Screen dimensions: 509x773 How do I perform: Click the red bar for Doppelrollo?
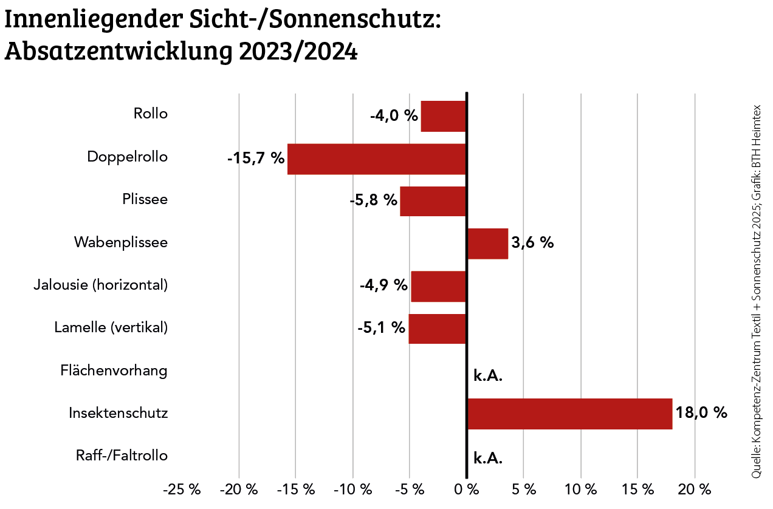click(x=376, y=159)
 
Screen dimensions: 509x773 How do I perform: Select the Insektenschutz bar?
click(x=569, y=414)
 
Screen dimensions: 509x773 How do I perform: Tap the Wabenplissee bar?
click(x=487, y=244)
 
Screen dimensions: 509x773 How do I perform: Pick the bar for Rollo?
click(x=443, y=116)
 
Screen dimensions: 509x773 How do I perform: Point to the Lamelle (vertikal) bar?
click(x=437, y=329)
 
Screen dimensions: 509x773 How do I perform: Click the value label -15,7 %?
click(x=256, y=159)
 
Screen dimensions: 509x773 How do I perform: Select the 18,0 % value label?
click(x=701, y=413)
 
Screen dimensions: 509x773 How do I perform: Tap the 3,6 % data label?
click(x=532, y=243)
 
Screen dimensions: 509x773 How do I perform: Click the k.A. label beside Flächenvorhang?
click(x=488, y=376)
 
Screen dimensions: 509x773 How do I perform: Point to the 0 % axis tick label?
click(x=467, y=490)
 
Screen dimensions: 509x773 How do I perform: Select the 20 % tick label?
click(x=695, y=490)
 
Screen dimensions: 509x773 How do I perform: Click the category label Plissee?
click(x=145, y=199)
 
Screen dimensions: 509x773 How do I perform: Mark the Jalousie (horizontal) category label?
click(x=101, y=284)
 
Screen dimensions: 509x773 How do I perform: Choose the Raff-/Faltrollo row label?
click(x=122, y=455)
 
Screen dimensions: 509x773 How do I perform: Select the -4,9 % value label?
click(x=383, y=285)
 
